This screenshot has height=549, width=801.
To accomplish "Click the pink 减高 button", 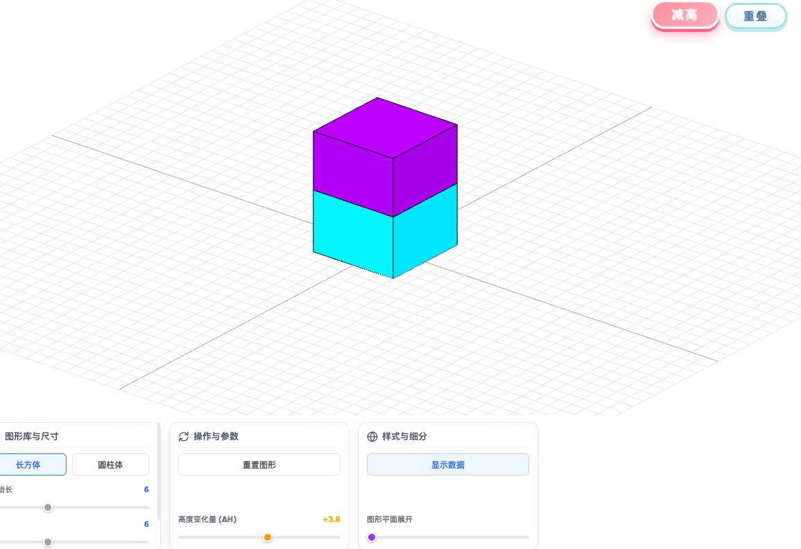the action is click(x=684, y=15).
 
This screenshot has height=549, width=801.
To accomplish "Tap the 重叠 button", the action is click(x=755, y=17).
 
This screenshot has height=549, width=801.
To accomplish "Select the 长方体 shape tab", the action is click(x=28, y=464).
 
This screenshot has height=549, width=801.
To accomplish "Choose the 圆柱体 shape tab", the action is click(x=110, y=464).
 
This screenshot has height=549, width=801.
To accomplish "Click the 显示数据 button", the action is click(x=447, y=464).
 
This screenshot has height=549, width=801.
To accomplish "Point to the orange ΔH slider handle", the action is click(x=268, y=537).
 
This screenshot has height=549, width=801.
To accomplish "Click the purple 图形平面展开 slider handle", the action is click(x=372, y=537).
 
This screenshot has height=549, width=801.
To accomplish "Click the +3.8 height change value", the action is click(x=331, y=519).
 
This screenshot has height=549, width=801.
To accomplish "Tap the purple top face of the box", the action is click(x=385, y=128).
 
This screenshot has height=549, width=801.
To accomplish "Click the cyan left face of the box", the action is click(x=353, y=234).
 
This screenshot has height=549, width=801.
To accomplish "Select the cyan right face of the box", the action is click(x=425, y=231).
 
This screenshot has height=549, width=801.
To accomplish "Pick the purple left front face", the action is click(x=353, y=173).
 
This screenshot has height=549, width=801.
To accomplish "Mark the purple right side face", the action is click(x=425, y=171).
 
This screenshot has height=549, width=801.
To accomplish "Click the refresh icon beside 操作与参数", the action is click(x=184, y=437).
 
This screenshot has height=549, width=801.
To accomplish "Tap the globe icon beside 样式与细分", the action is click(x=372, y=437).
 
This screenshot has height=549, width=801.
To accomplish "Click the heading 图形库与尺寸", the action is click(x=32, y=437).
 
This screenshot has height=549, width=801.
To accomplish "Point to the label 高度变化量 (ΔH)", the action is click(x=207, y=519).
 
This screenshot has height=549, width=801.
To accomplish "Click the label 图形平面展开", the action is click(x=390, y=519).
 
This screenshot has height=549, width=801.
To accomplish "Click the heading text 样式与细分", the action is click(x=404, y=437).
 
